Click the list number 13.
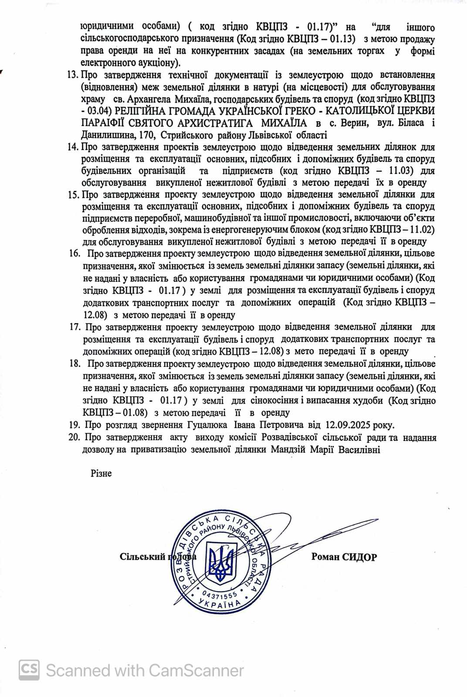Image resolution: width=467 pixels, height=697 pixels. pos(73,75)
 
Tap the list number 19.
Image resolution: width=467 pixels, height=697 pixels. pos(74,425)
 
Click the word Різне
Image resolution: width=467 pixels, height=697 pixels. pos(101,474)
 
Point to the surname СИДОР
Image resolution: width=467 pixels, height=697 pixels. pos(359,557)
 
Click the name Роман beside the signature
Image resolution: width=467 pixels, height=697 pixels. pos(325,557)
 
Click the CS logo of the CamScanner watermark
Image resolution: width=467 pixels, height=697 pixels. pos(29,670)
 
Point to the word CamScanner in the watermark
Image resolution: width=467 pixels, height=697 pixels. pos(196,670)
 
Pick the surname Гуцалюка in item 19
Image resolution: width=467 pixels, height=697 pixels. pos(207,425)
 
